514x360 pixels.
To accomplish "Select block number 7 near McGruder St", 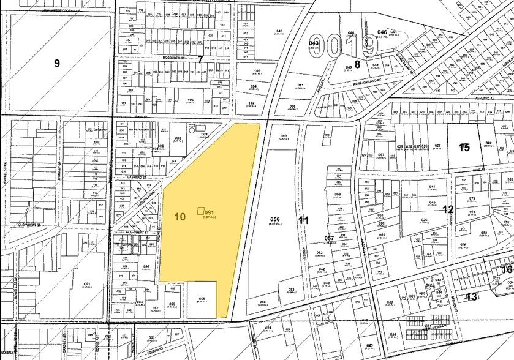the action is coord(200,59).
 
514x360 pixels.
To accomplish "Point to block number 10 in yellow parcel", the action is coord(180,217).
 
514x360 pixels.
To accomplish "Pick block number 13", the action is coord(471,297).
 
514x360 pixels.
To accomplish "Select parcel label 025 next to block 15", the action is coord(438,146).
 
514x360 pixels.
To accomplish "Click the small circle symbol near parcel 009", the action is coord(192,129).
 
